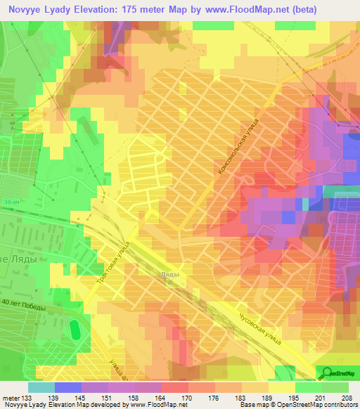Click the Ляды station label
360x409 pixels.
(x=169, y=275)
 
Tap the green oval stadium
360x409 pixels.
(x=75, y=328)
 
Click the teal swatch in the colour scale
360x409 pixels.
(x=41, y=387)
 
